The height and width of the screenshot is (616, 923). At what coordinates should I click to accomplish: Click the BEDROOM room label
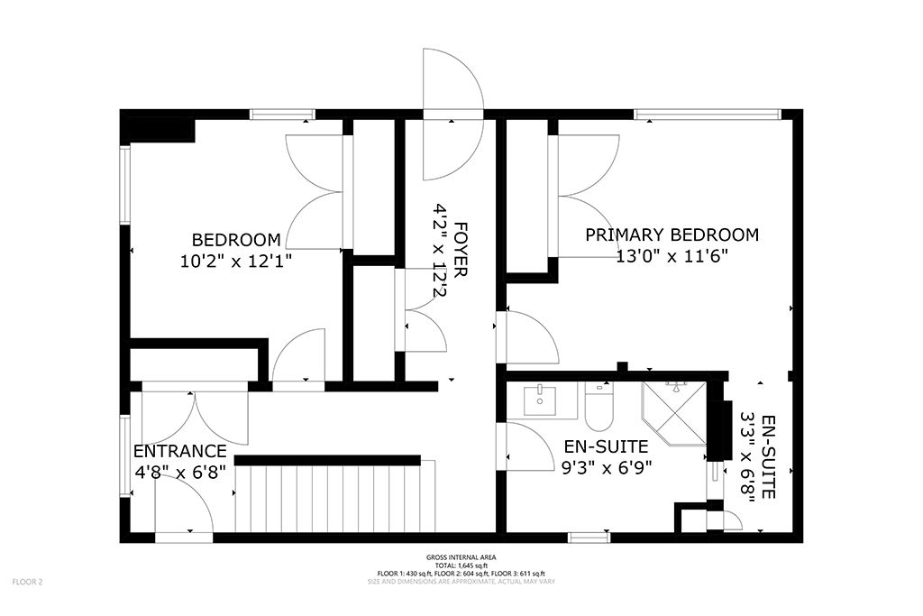[236, 240]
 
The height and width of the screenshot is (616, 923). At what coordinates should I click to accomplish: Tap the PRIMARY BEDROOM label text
[672, 234]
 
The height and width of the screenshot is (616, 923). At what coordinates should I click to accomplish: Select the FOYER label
[461, 249]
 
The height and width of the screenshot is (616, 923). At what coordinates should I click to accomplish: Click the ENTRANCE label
[179, 451]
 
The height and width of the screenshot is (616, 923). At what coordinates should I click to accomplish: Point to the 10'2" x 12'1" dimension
[236, 261]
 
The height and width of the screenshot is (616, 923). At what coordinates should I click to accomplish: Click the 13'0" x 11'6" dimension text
[672, 255]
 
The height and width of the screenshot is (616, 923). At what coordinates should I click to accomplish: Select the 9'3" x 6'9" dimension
[607, 467]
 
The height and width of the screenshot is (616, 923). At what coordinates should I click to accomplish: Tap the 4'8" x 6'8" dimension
[180, 473]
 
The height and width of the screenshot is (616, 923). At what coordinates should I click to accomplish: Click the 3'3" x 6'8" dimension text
[747, 457]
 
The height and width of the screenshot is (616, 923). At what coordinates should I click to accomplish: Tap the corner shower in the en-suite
[674, 414]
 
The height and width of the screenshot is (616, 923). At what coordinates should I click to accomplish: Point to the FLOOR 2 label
[28, 583]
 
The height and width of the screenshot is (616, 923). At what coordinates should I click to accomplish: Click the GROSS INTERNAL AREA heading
[461, 557]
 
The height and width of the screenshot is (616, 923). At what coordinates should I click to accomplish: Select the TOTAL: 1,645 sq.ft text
[461, 565]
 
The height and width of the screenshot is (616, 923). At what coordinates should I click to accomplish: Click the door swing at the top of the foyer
[452, 115]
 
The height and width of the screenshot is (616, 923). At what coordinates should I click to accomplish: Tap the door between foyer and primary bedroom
[527, 336]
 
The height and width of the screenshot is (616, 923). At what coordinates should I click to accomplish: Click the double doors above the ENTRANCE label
[195, 416]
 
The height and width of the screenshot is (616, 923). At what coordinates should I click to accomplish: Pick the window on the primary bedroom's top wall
[708, 115]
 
